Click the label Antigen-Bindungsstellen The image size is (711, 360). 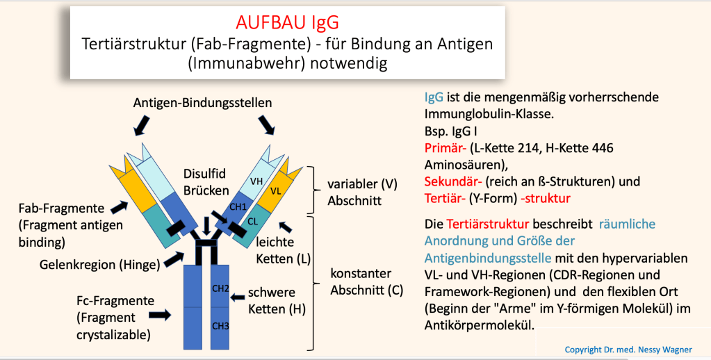point(202,103)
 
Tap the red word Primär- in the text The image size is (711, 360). point(443,148)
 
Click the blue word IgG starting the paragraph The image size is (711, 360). point(433,98)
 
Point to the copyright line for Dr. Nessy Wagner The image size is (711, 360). point(633,349)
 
